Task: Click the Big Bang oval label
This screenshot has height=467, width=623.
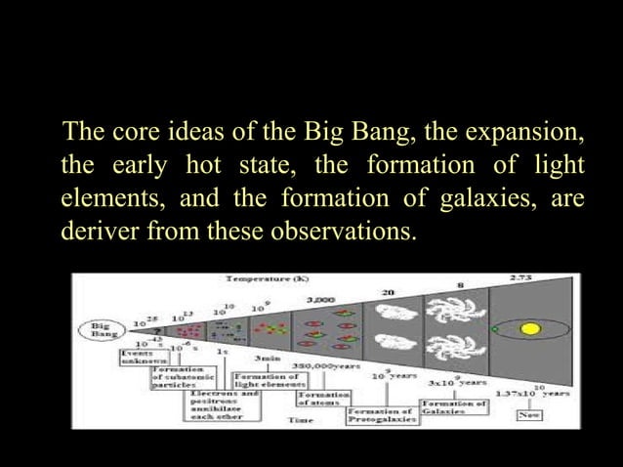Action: [x=100, y=329]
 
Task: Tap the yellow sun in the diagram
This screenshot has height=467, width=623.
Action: [x=529, y=329]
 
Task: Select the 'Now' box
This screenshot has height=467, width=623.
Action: [x=530, y=414]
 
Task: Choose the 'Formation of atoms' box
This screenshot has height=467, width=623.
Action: [x=319, y=400]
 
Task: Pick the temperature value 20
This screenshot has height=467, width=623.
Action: [x=388, y=292]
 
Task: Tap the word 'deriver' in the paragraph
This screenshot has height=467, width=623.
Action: [x=96, y=234]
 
